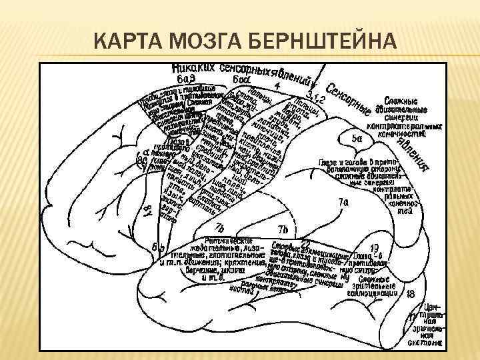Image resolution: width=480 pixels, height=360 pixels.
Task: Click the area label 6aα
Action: (241, 79)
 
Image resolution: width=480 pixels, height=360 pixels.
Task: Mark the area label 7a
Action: (343, 201)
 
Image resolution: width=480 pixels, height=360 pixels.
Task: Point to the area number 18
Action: (410, 293)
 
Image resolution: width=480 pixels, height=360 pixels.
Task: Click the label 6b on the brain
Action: (158, 249)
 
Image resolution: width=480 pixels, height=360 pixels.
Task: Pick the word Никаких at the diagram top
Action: (193, 67)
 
